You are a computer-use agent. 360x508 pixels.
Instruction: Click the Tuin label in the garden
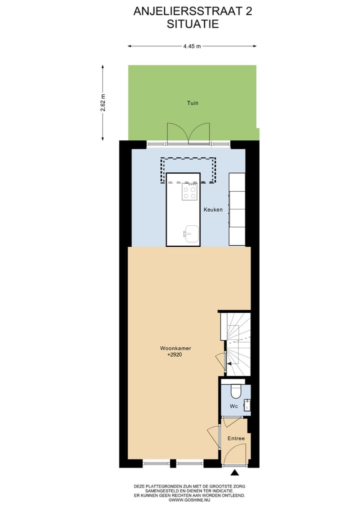click(x=192, y=103)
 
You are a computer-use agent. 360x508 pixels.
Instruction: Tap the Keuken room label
click(x=213, y=210)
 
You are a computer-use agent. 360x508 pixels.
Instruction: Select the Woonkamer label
click(x=175, y=348)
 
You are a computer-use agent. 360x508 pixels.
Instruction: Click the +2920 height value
click(x=175, y=355)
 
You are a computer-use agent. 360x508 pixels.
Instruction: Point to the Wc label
click(x=233, y=407)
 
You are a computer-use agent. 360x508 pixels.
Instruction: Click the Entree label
click(x=236, y=439)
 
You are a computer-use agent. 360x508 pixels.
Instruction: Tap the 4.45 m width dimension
click(x=192, y=46)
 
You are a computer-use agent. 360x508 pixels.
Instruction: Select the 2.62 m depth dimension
click(x=103, y=103)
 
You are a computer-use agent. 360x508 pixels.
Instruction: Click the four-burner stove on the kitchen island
click(x=189, y=192)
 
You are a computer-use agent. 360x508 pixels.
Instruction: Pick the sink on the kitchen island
click(x=191, y=233)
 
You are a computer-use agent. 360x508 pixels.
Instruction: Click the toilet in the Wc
click(x=236, y=390)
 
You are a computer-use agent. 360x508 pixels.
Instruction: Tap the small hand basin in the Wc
click(x=246, y=405)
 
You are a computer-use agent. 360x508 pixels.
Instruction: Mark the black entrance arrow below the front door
click(x=235, y=473)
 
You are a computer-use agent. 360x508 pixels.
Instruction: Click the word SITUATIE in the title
click(x=192, y=23)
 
